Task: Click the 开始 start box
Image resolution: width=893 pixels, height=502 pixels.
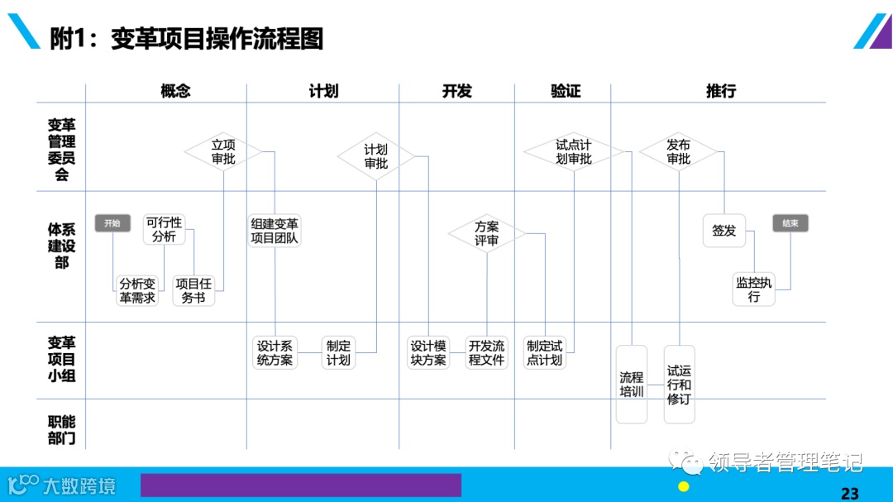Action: point(112,223)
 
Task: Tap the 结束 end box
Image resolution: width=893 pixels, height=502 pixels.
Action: point(790,223)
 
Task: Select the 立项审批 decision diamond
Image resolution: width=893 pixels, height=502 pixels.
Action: point(223,151)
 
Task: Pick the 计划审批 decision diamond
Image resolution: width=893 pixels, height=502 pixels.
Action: point(376,156)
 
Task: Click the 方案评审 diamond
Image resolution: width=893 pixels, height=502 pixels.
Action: point(486,234)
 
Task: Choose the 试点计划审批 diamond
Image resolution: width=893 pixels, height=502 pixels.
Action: point(573,151)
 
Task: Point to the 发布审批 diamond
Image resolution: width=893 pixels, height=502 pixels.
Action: point(678,151)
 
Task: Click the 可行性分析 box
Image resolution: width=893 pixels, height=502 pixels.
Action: point(164,229)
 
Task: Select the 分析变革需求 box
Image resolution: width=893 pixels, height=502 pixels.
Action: point(137,290)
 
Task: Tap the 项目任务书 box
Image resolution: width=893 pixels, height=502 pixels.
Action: point(193,290)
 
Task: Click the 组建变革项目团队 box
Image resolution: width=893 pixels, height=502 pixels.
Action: point(275,231)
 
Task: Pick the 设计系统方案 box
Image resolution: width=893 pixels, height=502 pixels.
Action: point(275,353)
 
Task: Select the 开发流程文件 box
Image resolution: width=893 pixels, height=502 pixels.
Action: point(486,353)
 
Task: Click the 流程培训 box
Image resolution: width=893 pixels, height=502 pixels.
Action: point(632,385)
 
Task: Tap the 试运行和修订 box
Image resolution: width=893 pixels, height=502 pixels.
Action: point(679,385)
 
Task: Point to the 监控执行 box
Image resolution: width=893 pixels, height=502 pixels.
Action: point(753,289)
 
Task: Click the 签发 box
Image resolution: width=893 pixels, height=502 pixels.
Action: point(724,231)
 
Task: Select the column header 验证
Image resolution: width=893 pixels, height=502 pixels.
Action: point(566,91)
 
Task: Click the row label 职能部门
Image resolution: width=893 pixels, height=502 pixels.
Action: point(62,430)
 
